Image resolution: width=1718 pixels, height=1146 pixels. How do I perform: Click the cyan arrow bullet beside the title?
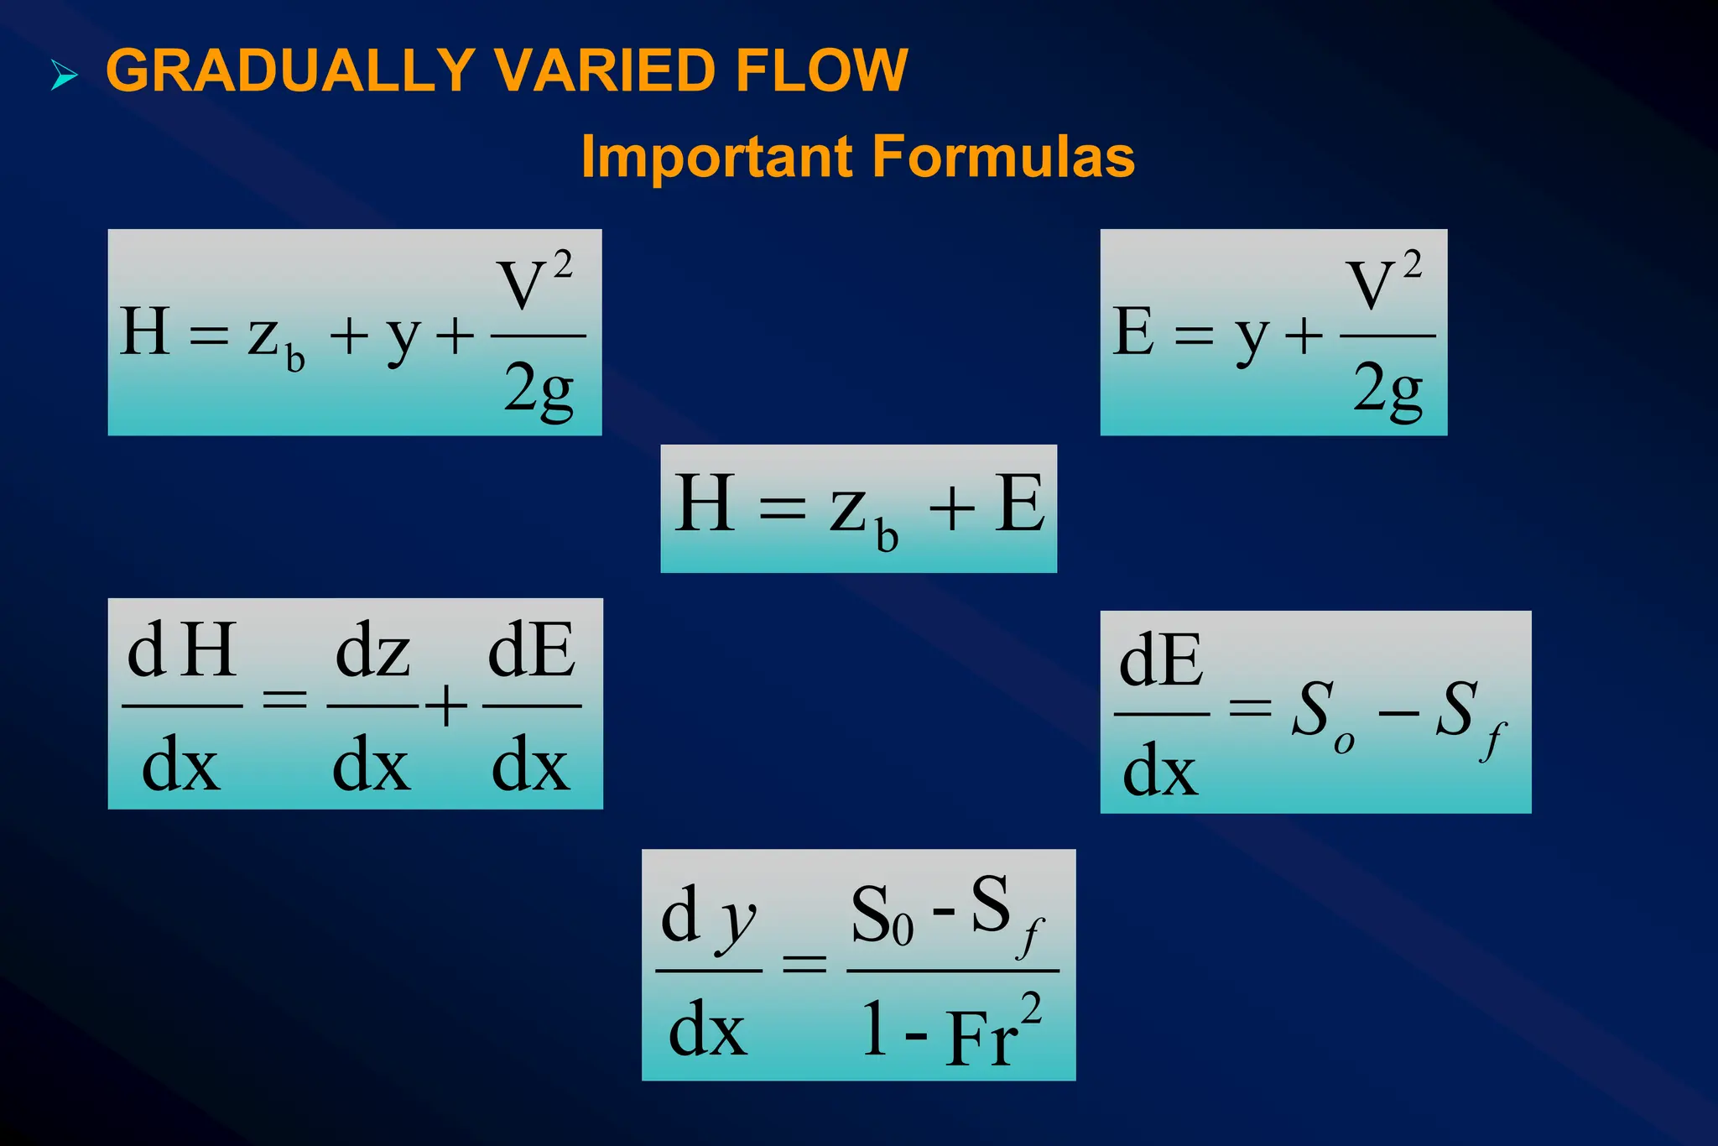tap(64, 75)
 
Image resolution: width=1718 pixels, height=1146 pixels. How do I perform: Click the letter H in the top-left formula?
tap(145, 331)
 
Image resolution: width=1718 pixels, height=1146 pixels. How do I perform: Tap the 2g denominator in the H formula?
tap(539, 389)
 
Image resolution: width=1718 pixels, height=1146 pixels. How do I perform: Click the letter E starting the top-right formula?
tap(1133, 331)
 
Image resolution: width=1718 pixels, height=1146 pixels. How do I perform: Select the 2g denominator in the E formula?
tap(1387, 389)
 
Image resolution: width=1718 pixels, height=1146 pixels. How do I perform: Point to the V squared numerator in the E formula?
tap(1382, 282)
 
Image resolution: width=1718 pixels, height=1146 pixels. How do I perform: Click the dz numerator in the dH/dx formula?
tap(372, 650)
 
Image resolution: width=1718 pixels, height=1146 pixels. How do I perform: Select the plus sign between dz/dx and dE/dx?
tap(446, 705)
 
